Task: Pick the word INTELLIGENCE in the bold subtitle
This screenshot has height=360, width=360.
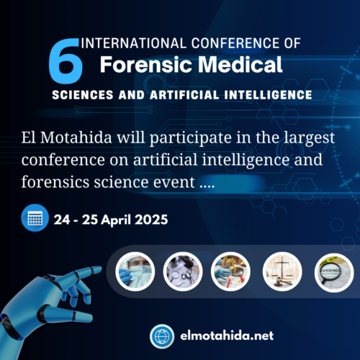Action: [x=266, y=94]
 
